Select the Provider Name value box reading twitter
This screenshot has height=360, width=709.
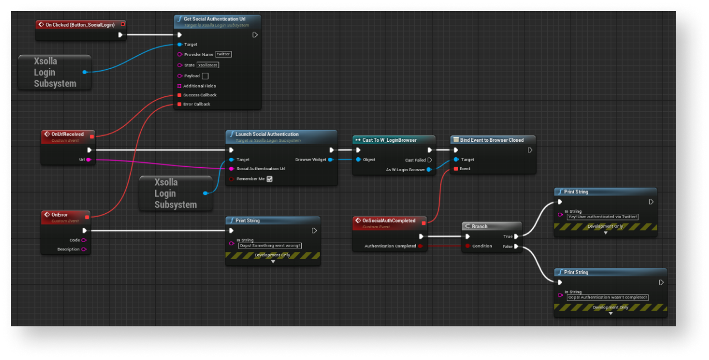coord(224,54)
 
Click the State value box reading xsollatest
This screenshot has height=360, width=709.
coord(208,65)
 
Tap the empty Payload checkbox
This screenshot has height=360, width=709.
coord(205,76)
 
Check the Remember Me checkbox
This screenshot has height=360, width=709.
coord(270,179)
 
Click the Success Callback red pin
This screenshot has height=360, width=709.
coord(179,95)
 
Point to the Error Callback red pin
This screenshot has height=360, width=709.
coord(179,104)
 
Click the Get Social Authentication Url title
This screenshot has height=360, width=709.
coord(214,19)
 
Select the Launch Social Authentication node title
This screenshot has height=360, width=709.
coord(267,134)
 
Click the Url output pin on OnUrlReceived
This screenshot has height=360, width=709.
coord(88,160)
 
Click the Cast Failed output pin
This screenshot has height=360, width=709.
coord(430,160)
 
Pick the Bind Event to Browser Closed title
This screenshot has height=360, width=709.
coord(492,140)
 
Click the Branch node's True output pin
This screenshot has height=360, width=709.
coord(516,236)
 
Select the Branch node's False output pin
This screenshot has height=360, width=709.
coord(516,246)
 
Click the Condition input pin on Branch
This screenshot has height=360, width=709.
coord(468,246)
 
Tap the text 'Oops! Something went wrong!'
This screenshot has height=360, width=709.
coord(270,245)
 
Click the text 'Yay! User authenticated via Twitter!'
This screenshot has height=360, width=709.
coord(603,217)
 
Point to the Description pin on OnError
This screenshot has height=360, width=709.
coord(84,249)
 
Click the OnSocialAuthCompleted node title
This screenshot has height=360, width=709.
coord(389,220)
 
